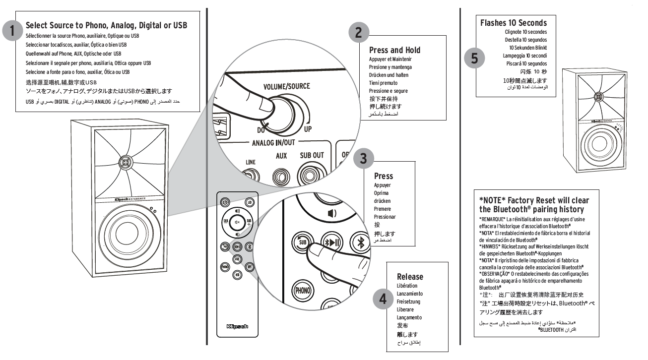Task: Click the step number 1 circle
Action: [12, 31]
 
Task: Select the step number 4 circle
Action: [383, 299]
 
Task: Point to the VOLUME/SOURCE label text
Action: [287, 86]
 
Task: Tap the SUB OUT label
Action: [312, 155]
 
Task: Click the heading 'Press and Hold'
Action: [394, 50]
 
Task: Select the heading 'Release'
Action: [410, 277]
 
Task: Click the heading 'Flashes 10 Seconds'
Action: [514, 23]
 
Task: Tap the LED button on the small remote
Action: [249, 202]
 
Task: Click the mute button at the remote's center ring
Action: [237, 222]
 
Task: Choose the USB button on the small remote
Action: [238, 274]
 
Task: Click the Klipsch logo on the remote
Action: [237, 326]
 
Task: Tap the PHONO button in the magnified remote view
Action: [302, 290]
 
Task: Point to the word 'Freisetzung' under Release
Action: [408, 301]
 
